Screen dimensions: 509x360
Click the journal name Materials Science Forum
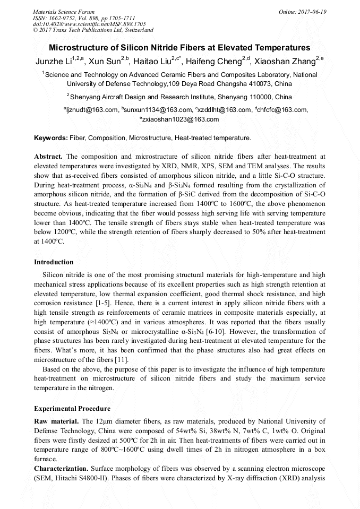64,11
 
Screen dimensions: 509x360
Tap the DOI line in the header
89,24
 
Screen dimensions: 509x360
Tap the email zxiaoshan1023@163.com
181,119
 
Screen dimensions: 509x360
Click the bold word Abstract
48,157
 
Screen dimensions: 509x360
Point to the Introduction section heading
54,262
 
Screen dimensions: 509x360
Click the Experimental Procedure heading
72,409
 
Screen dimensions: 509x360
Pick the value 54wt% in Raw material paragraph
173,431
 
